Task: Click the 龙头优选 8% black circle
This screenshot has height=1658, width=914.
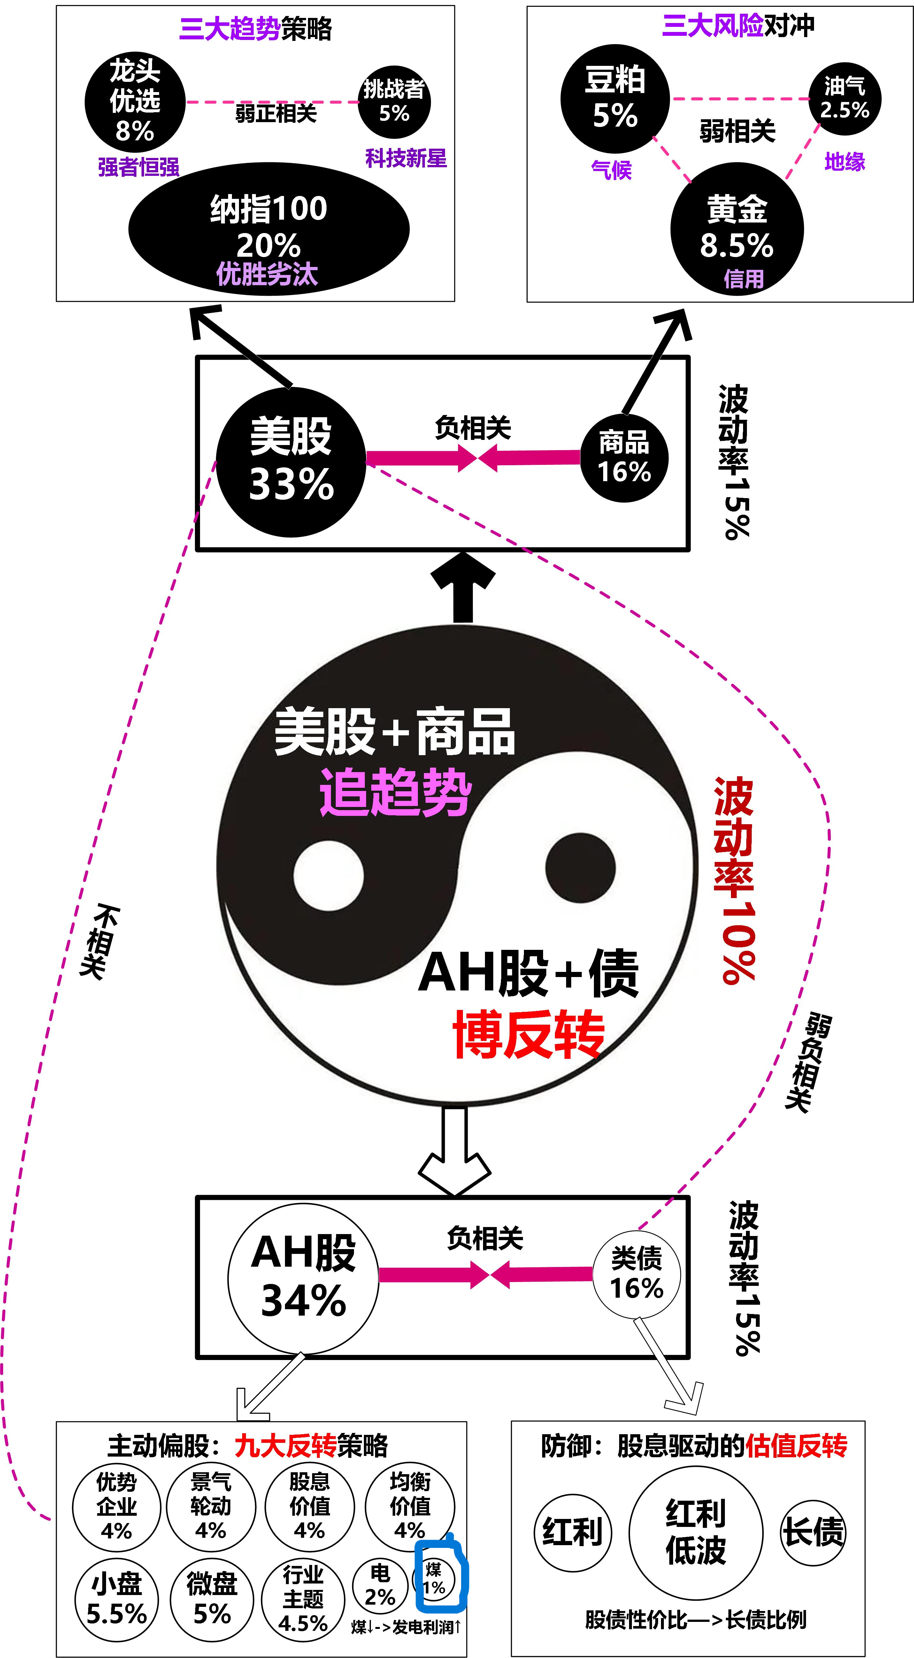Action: (x=135, y=102)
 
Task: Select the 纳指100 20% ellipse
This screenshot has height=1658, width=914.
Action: (x=269, y=229)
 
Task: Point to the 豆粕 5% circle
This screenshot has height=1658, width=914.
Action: (x=615, y=98)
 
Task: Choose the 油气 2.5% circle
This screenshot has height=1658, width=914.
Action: (x=845, y=98)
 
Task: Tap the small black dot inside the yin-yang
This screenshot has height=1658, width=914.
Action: (x=580, y=868)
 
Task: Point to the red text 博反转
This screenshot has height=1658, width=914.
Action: (x=529, y=1034)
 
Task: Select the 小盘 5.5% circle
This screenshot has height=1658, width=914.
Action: (x=116, y=1599)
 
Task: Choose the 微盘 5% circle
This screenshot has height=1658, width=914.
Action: (x=212, y=1599)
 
